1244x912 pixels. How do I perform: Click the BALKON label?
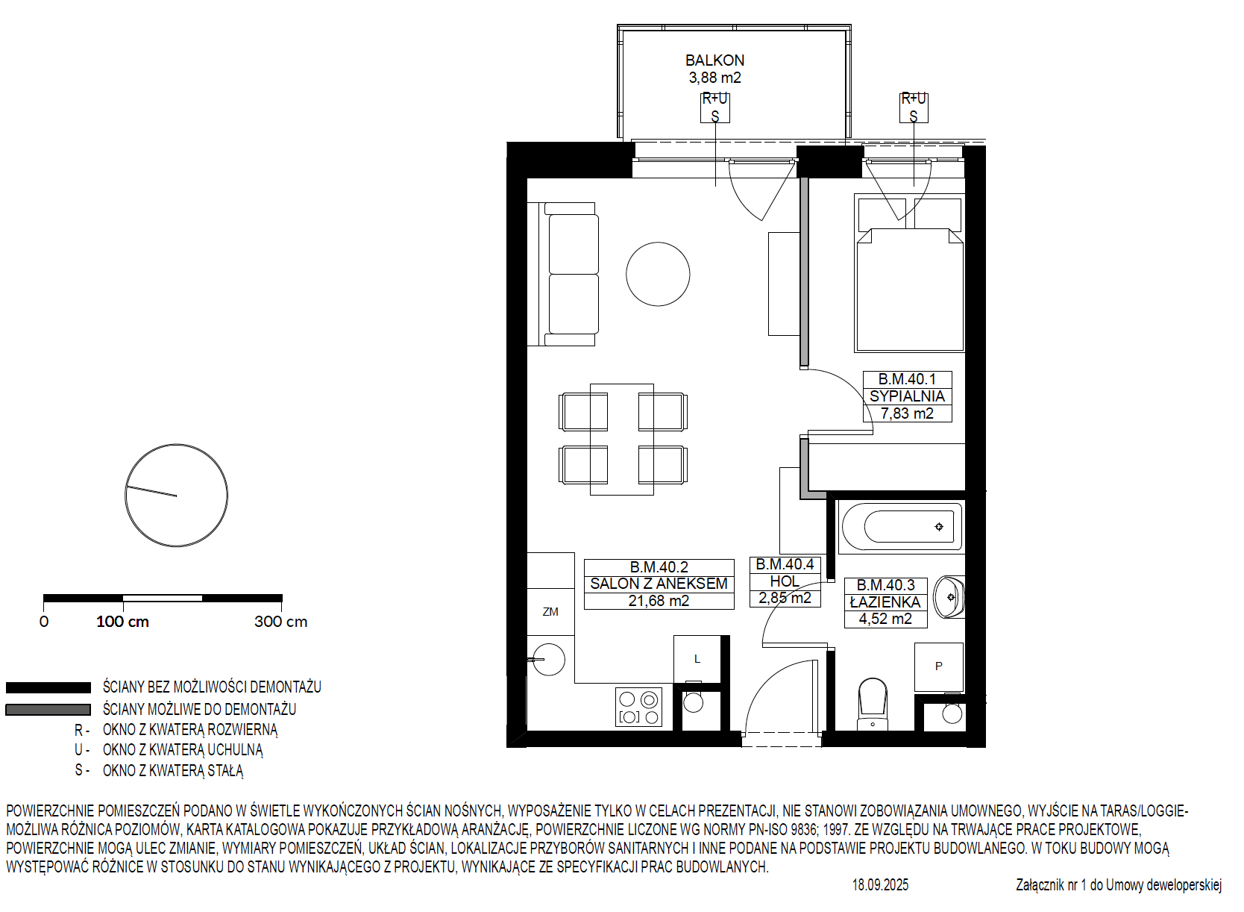[714, 60]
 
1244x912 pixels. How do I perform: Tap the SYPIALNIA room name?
[907, 396]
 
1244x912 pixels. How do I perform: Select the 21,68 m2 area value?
[659, 601]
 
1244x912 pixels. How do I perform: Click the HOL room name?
[785, 581]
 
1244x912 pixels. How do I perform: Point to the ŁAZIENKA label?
[885, 602]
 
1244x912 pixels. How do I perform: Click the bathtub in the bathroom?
[900, 526]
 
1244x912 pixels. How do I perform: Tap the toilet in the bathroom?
[873, 704]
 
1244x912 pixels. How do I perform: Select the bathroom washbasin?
[949, 598]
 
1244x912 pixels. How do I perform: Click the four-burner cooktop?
[638, 707]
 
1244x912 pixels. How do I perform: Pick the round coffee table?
[658, 274]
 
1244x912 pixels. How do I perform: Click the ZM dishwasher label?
[550, 612]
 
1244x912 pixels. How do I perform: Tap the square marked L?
[697, 659]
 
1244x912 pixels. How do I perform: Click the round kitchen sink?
[549, 660]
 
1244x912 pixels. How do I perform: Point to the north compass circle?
[176, 495]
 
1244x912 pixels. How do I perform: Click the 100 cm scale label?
[123, 622]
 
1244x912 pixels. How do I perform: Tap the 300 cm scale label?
[281, 622]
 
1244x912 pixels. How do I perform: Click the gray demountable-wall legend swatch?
[48, 710]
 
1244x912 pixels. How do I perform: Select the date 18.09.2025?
[881, 885]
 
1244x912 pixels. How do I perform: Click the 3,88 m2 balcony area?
[714, 78]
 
